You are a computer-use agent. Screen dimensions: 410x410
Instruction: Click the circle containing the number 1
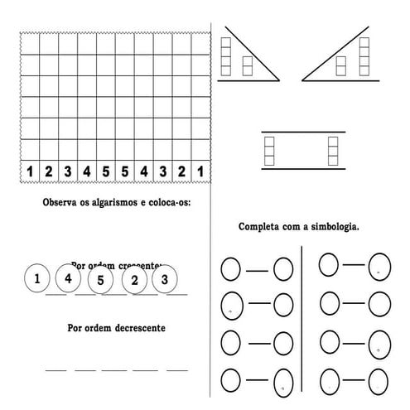pos(37,278)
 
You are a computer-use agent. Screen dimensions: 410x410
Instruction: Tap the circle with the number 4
pos(69,278)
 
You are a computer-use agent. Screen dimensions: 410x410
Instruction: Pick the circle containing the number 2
pos(134,280)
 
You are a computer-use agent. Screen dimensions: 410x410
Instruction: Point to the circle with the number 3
pos(165,279)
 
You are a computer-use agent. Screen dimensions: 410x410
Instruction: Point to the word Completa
pos(259,226)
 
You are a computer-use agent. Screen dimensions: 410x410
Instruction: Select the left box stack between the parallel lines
pos(268,149)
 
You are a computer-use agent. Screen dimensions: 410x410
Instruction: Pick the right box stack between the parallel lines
pos(334,149)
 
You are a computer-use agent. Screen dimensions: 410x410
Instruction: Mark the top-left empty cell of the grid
pos(30,44)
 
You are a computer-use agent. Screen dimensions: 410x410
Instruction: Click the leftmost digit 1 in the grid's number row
pos(30,171)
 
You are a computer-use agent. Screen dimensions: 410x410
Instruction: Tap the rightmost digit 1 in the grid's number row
pos(200,171)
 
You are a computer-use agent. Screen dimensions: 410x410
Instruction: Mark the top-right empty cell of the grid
pos(200,44)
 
